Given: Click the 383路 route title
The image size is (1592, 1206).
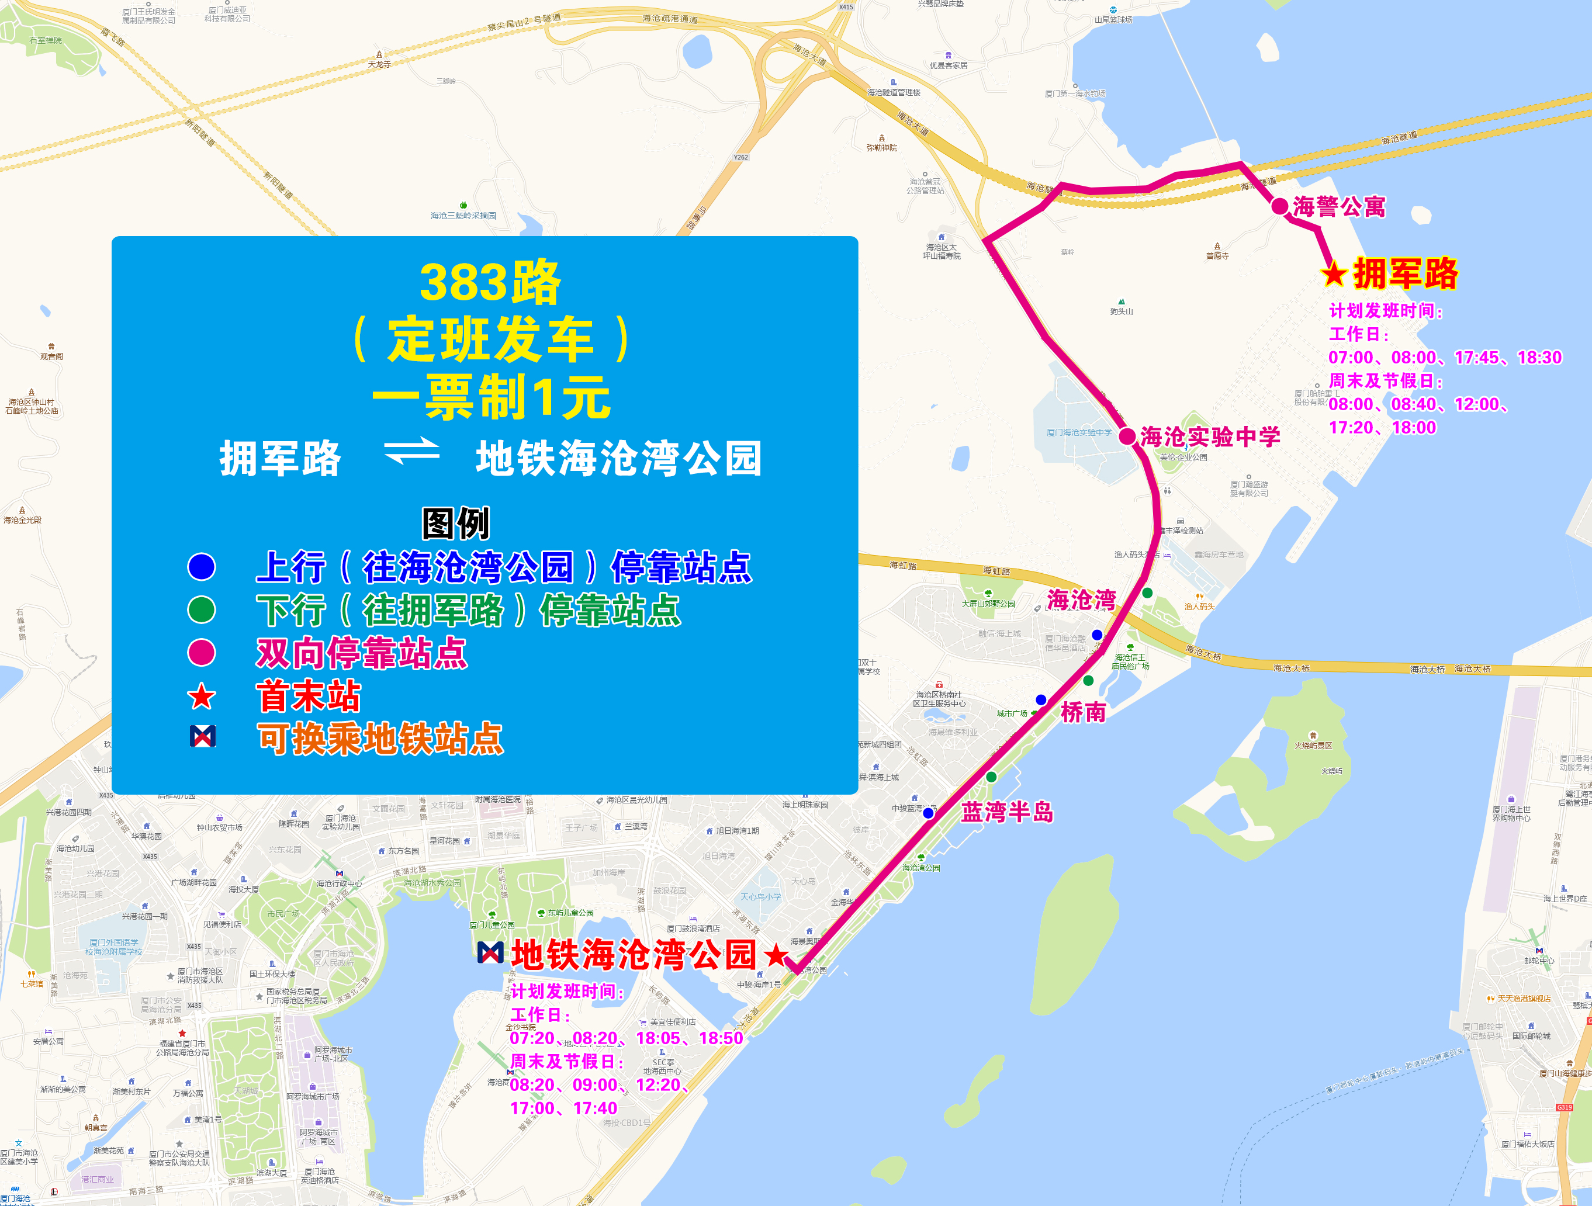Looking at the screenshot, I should (x=490, y=283).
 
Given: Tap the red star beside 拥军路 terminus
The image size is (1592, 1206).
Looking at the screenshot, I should (x=1334, y=274).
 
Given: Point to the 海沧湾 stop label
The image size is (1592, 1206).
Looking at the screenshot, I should (x=1081, y=599).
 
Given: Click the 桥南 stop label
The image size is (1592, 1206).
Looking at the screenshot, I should (x=1082, y=712).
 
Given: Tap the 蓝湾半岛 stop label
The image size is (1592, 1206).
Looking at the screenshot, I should (x=1007, y=812).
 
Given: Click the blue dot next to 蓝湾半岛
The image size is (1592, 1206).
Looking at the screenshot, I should (x=929, y=813).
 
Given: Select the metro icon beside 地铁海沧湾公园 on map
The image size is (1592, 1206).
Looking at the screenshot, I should (x=490, y=953).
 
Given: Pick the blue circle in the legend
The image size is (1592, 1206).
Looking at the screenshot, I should (x=202, y=566).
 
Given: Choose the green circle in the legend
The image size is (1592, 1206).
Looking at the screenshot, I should (x=202, y=609).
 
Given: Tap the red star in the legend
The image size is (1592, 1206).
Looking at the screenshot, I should (x=202, y=696).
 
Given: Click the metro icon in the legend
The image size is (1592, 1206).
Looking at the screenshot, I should (x=202, y=736).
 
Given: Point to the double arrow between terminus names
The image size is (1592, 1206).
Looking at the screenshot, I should (x=411, y=452).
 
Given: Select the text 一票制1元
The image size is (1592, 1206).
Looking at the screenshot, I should (x=491, y=397).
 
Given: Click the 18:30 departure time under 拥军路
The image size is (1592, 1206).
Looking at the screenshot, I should (x=1539, y=358).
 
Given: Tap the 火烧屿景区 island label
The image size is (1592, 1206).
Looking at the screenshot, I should (x=1313, y=746).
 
